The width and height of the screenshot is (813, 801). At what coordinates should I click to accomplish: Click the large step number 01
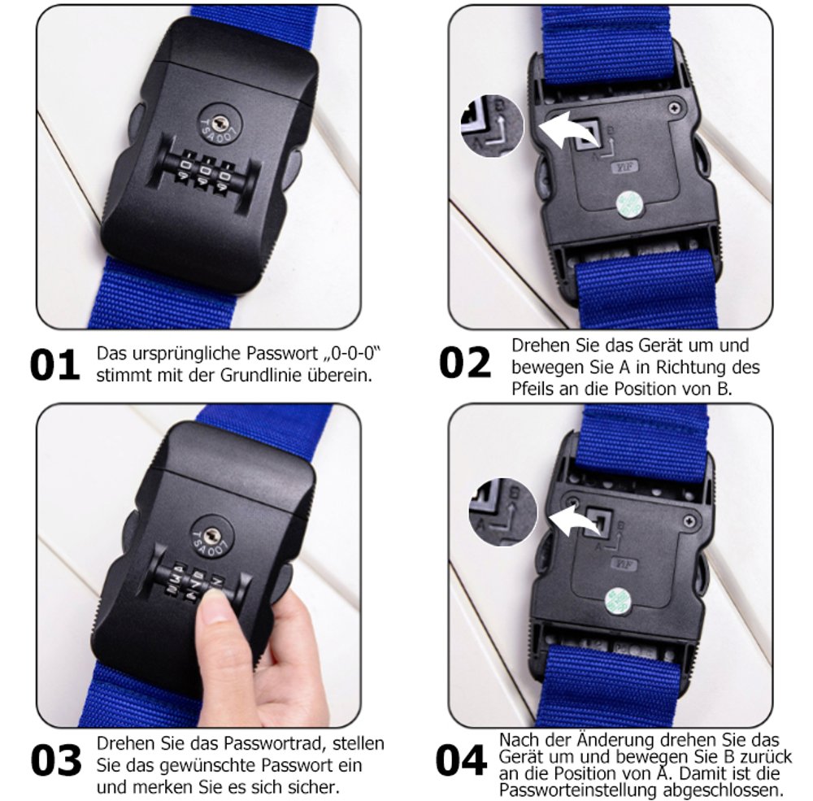[x=54, y=365]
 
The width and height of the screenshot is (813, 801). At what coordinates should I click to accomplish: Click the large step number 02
[x=464, y=362]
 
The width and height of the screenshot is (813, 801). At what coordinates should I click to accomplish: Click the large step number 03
[x=55, y=760]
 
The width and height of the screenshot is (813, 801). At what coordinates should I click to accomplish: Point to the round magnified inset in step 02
[x=492, y=126]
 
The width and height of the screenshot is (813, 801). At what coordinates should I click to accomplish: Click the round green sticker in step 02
[x=629, y=202]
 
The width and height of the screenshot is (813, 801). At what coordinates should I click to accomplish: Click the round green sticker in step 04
[x=618, y=601]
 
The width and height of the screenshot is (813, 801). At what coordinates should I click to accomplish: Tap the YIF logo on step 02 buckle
[x=625, y=168]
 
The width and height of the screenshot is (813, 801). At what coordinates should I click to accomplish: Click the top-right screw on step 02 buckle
[x=675, y=108]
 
